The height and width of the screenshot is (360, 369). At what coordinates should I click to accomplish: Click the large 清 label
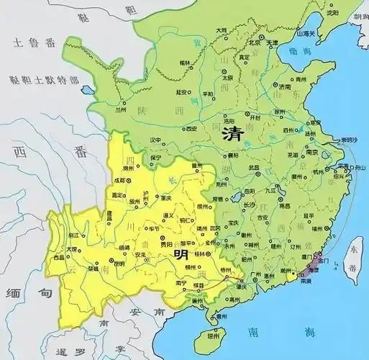click(232, 133)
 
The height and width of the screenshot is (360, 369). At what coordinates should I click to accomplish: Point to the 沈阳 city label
click(332, 13)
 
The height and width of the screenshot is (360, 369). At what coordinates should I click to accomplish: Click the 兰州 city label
click(119, 110)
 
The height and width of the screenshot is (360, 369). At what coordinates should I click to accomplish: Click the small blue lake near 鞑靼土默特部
click(88, 91)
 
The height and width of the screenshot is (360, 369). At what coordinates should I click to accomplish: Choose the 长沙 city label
click(248, 205)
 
